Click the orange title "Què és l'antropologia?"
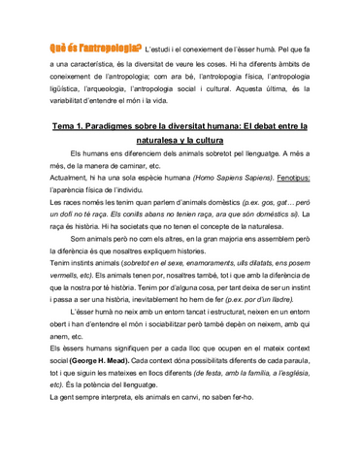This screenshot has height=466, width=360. (94, 49)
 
